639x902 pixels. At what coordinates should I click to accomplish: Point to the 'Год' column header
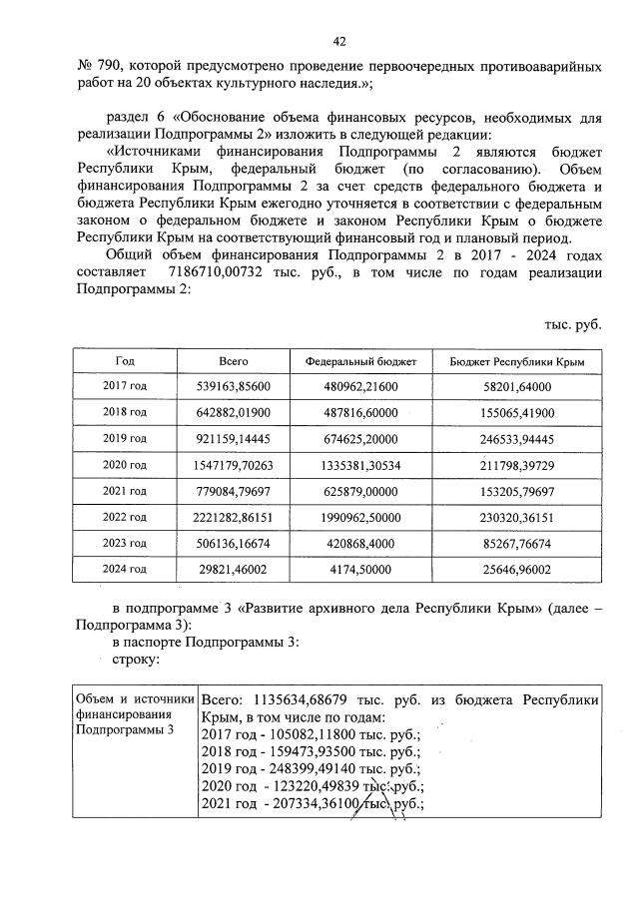[125, 361]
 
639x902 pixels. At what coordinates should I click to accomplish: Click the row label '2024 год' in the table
[125, 568]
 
